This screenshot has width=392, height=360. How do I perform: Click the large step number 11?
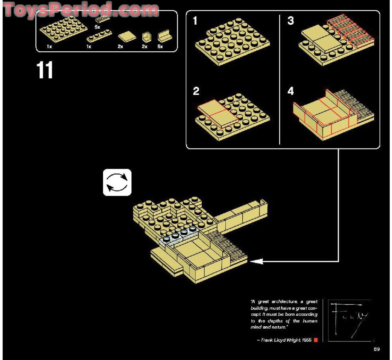pyautogui.click(x=45, y=71)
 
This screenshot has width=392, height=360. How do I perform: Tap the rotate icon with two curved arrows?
pyautogui.click(x=117, y=182)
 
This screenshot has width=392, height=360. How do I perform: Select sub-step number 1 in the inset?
pyautogui.click(x=195, y=21)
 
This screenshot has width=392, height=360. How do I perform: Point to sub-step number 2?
pyautogui.click(x=196, y=92)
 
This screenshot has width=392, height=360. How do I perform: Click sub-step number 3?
pyautogui.click(x=290, y=21)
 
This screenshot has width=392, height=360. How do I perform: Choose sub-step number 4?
pyautogui.click(x=290, y=91)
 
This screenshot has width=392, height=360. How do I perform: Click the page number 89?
pyautogui.click(x=377, y=349)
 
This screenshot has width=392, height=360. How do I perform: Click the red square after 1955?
pyautogui.click(x=316, y=340)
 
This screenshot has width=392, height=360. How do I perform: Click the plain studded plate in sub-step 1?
pyautogui.click(x=231, y=43)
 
